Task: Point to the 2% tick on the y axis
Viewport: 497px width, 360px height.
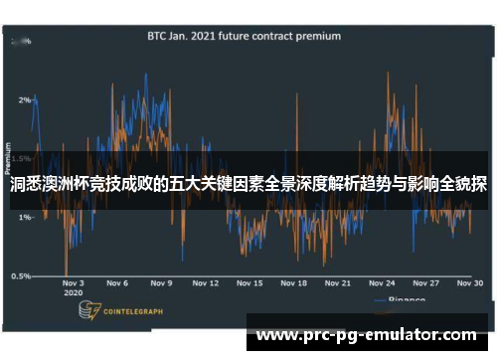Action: point(23,100)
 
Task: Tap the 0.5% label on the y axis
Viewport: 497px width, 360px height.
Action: point(20,275)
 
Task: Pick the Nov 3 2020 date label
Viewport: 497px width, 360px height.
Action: point(73,288)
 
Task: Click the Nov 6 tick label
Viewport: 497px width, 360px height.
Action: point(117,283)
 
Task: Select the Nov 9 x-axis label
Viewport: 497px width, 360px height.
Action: point(162,283)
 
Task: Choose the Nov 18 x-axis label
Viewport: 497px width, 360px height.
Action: point(294,283)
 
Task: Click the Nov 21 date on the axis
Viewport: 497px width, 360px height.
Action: point(338,283)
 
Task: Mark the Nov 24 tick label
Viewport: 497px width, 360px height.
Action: point(383,283)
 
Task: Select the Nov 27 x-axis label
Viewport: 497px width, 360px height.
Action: point(426,283)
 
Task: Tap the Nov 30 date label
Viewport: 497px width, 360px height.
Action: point(470,283)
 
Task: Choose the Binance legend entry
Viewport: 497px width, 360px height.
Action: point(402,299)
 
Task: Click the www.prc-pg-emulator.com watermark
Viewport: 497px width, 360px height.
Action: point(367,335)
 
